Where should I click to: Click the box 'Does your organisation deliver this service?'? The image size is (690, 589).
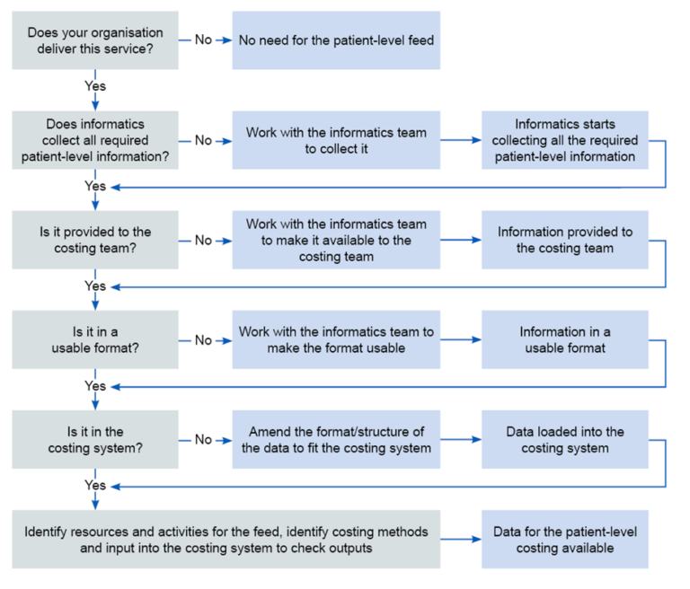tap(95, 40)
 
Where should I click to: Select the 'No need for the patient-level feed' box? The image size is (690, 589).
tap(336, 40)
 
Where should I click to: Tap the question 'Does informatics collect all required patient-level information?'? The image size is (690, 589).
tap(95, 140)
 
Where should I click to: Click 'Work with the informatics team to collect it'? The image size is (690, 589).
tap(336, 140)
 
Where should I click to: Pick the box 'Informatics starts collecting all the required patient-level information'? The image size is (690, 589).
tap(564, 140)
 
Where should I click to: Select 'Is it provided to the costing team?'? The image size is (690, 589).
tap(95, 240)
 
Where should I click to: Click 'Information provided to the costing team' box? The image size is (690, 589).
tap(564, 240)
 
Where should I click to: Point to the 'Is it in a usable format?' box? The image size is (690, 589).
tap(95, 339)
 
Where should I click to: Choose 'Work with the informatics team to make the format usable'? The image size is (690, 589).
tap(336, 339)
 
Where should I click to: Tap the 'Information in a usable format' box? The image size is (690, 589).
tap(564, 339)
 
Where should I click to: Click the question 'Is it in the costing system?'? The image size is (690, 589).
tap(95, 439)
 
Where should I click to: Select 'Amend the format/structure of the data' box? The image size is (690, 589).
tap(336, 439)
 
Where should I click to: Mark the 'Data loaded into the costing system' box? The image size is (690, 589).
tap(564, 439)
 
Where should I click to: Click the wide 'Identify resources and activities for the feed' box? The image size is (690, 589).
tap(226, 540)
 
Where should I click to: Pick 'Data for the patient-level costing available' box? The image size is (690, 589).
tap(564, 540)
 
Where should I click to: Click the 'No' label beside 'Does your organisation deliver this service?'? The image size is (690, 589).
tap(203, 40)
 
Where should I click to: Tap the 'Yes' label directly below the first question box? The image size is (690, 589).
tap(95, 86)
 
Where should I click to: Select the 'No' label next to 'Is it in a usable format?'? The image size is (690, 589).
tap(203, 340)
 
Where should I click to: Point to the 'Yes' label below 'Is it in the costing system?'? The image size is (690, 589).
tap(95, 486)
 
